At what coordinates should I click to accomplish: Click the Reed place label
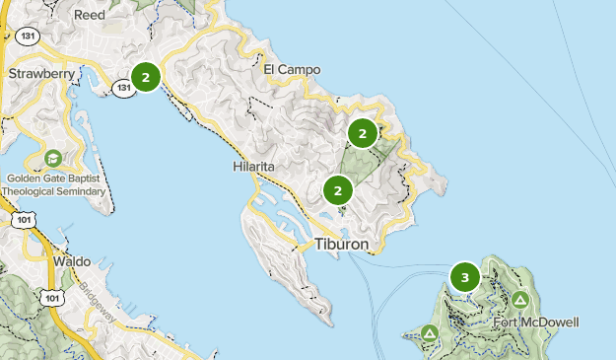(x=90, y=15)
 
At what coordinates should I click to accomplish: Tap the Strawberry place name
(x=41, y=73)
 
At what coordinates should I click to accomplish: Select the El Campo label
(x=293, y=70)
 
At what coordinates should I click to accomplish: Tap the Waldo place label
(x=70, y=261)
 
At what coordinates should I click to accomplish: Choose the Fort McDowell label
(x=537, y=323)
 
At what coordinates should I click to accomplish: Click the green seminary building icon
(x=52, y=158)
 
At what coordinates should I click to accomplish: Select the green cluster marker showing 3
(x=465, y=278)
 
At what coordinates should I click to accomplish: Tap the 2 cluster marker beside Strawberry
(x=146, y=76)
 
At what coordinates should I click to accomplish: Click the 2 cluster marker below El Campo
(x=363, y=133)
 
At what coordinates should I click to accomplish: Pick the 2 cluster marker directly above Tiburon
(x=338, y=190)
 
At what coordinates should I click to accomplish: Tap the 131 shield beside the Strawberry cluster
(x=123, y=88)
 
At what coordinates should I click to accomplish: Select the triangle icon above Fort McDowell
(x=519, y=299)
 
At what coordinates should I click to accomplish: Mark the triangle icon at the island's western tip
(x=430, y=334)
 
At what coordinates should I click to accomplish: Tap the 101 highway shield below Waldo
(x=52, y=296)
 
